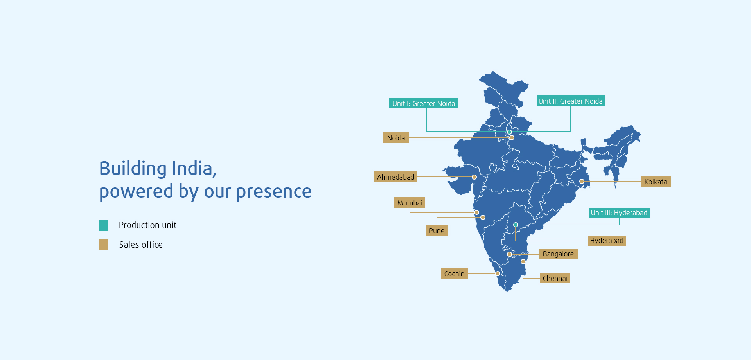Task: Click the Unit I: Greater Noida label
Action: [424, 103]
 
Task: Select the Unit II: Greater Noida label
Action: [570, 101]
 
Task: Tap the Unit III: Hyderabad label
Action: [619, 213]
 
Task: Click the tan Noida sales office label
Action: [396, 138]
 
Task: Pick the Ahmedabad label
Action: [395, 177]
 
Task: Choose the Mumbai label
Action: [410, 203]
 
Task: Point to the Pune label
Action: [437, 230]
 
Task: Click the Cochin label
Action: [454, 274]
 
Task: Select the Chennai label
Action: [555, 278]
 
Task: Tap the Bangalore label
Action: [558, 254]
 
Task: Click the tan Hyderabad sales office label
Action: [607, 241]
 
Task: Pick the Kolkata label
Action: [656, 182]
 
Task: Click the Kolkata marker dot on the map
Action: [582, 181]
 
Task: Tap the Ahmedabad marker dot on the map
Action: [474, 177]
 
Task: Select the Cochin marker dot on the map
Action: [498, 274]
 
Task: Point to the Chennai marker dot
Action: [523, 261]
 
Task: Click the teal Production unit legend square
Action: [104, 225]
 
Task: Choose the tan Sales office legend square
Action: [104, 245]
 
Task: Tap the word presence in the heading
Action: [274, 191]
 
